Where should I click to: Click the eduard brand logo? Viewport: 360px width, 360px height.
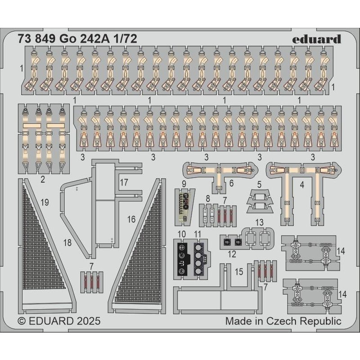[x=316, y=39]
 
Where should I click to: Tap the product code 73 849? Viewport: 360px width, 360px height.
[x=36, y=39]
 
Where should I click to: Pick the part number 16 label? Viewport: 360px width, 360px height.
[x=131, y=219]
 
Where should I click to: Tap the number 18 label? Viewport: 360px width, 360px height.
[x=67, y=243]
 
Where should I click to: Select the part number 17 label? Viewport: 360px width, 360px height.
[x=124, y=183]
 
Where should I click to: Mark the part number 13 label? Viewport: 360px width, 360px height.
[x=260, y=222]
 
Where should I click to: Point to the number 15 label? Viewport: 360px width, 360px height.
[x=239, y=272]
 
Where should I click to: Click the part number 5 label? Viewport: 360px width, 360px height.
[x=259, y=184]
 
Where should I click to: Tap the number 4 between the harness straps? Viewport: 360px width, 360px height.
[x=302, y=185]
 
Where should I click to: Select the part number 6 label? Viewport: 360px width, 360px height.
[x=231, y=183]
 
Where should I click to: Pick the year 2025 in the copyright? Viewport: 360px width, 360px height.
[x=89, y=321]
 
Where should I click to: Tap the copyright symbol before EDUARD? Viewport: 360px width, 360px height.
[x=22, y=321]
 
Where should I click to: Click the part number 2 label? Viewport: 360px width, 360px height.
[x=43, y=179]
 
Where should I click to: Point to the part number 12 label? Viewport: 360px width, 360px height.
[x=232, y=254]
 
